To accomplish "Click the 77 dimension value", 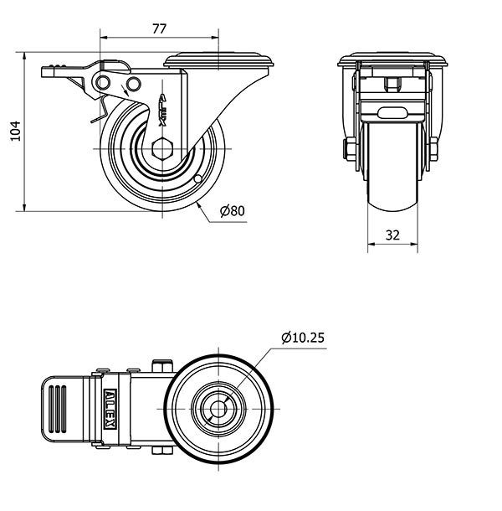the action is click(x=159, y=29).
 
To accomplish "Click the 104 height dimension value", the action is click(x=16, y=131).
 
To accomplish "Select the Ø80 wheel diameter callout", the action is click(x=232, y=211).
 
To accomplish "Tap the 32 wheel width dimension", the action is click(x=392, y=235).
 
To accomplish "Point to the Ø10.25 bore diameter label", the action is click(x=303, y=338).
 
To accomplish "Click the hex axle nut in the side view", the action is click(x=162, y=148).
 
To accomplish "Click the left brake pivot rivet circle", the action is click(x=103, y=82).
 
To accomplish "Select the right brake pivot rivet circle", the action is click(x=133, y=84).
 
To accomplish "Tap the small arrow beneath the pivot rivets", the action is click(x=125, y=90).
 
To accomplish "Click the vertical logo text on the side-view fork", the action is click(x=162, y=111).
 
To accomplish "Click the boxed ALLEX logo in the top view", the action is click(x=110, y=409).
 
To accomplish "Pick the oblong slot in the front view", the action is click(x=392, y=113).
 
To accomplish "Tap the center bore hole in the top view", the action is click(x=218, y=408).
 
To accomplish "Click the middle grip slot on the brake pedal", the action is click(x=58, y=409).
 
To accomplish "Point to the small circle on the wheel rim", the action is click(x=197, y=179).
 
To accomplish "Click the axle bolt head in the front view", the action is click(x=350, y=149).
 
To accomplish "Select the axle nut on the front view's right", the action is click(x=433, y=149).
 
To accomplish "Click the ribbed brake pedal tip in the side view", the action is click(x=54, y=71).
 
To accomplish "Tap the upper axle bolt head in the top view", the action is click(x=162, y=365).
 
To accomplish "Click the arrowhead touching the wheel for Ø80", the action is click(x=199, y=205).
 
